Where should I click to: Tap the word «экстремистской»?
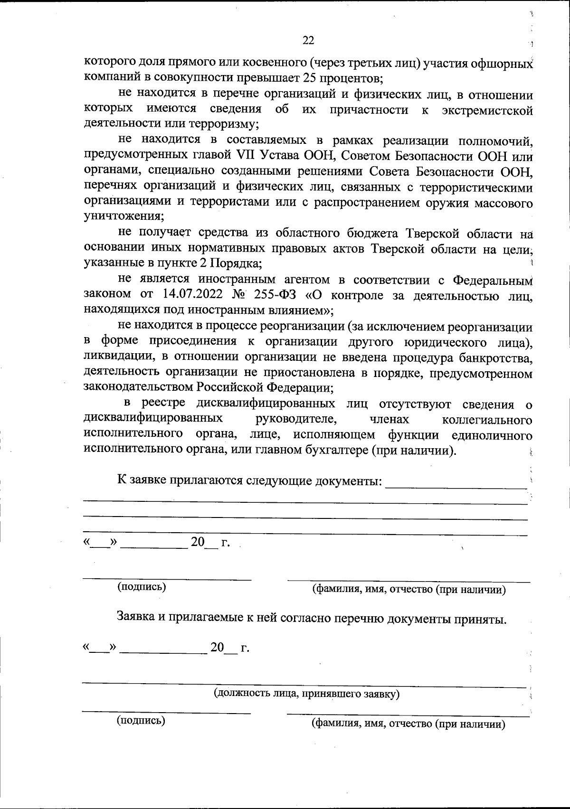486,110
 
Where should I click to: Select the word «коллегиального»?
486,420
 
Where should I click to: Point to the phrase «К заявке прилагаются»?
180,480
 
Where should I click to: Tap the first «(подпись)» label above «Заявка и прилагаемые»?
142,586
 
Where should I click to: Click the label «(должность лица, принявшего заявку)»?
306,694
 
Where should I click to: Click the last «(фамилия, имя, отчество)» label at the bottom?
408,724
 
